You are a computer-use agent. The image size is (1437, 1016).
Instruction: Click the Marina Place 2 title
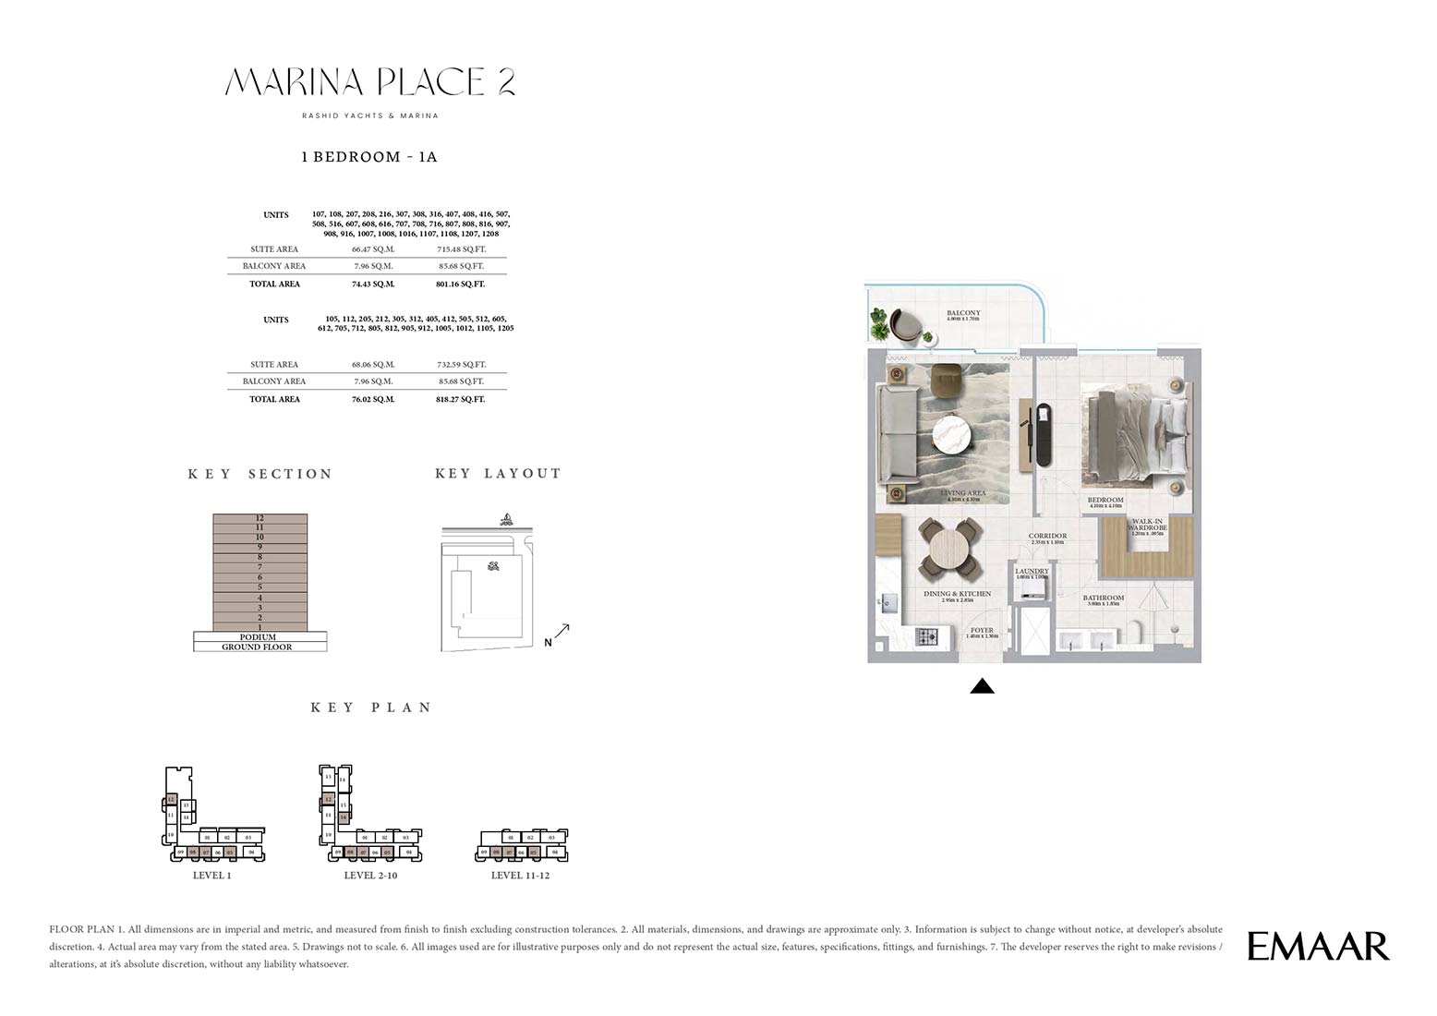[x=369, y=82]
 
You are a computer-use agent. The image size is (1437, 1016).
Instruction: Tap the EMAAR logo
[x=1318, y=946]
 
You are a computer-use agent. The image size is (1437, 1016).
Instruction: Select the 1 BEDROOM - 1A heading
[x=369, y=157]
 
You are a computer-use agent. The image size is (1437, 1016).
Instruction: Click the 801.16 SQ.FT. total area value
[x=460, y=284]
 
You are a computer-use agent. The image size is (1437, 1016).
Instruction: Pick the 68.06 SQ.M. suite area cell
[x=372, y=365]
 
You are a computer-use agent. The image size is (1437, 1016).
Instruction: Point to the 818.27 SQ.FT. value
[x=460, y=400]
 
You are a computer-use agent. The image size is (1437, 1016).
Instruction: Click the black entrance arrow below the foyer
[x=983, y=686]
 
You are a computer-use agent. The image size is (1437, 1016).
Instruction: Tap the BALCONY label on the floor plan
[x=963, y=314]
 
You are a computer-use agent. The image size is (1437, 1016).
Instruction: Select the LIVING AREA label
[x=963, y=493]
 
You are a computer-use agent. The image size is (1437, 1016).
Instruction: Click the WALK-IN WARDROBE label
[x=1148, y=525]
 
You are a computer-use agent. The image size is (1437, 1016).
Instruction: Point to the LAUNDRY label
[x=1032, y=572]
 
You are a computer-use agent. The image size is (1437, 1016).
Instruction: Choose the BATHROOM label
[x=1104, y=599]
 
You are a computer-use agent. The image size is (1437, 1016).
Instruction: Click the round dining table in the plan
[x=949, y=548]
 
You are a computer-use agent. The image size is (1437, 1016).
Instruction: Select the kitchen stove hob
[x=926, y=636]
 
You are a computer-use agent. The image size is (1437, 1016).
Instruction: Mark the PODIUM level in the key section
[x=259, y=637]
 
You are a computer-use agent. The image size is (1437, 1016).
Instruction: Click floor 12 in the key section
[x=260, y=519]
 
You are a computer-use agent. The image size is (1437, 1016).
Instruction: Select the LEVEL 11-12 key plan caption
[x=520, y=876]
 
